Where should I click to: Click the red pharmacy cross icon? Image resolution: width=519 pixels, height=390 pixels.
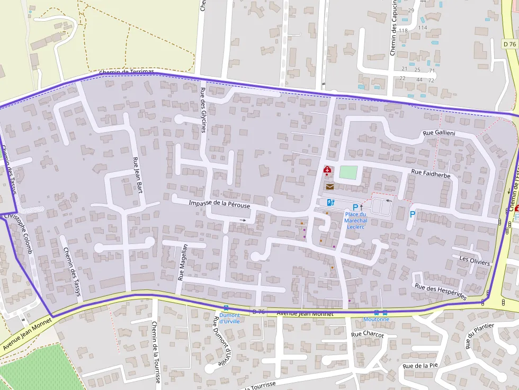click(x=327, y=170)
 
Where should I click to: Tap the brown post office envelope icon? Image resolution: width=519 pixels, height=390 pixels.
click(x=330, y=187)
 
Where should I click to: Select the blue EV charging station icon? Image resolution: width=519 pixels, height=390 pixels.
click(x=330, y=202)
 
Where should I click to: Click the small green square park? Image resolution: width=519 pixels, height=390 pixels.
click(x=348, y=173)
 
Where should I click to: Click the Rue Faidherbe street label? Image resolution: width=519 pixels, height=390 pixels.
click(x=430, y=173)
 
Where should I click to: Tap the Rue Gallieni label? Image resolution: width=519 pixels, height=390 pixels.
click(x=439, y=132)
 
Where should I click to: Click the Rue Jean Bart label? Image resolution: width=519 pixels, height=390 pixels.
click(x=137, y=175)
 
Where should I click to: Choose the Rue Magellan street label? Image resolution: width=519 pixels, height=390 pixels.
click(x=183, y=261)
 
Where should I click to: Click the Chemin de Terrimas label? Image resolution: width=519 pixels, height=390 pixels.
click(x=126, y=72)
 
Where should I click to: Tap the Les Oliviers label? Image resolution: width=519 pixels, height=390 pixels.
click(x=475, y=261)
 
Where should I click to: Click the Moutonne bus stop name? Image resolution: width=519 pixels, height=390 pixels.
click(x=376, y=320)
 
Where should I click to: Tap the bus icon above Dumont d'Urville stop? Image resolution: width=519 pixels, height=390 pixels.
click(x=226, y=308)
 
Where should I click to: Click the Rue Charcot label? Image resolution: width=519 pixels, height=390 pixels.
click(x=367, y=334)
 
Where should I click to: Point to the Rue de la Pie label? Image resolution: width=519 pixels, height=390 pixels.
click(x=420, y=366)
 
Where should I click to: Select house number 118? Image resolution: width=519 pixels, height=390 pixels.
click(x=403, y=31)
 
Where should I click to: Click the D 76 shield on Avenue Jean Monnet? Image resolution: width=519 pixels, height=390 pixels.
click(x=258, y=312)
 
